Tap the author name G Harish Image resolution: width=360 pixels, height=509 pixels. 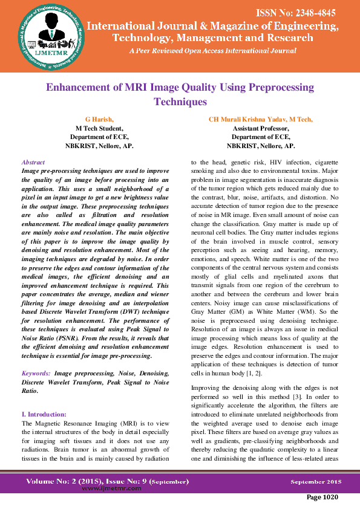99,120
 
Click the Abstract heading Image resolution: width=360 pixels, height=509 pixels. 33,163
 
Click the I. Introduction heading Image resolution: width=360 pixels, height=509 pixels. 44,415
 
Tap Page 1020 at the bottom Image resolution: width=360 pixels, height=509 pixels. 322,497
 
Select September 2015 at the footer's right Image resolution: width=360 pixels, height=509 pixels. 316,482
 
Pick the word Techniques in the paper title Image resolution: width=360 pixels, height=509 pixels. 180,102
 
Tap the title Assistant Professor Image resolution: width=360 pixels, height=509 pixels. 261,128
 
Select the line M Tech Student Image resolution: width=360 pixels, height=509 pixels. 99,128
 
